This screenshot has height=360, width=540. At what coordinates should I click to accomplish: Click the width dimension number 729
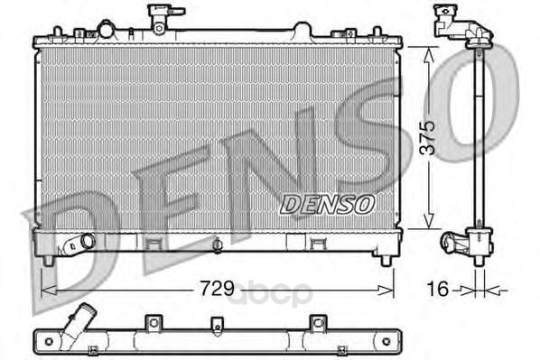click(218, 289)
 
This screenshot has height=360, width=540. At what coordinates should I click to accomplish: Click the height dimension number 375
click(429, 138)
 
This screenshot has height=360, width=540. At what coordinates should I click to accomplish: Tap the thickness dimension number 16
click(438, 289)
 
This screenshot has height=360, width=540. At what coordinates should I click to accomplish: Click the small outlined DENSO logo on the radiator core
click(327, 205)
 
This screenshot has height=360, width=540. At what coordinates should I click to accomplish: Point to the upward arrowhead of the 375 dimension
click(429, 55)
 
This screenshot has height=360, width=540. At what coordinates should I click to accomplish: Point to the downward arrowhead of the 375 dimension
click(429, 221)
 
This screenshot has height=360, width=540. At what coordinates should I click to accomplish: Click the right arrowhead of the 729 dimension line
click(386, 291)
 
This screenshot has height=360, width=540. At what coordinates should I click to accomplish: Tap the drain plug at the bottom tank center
click(217, 245)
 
